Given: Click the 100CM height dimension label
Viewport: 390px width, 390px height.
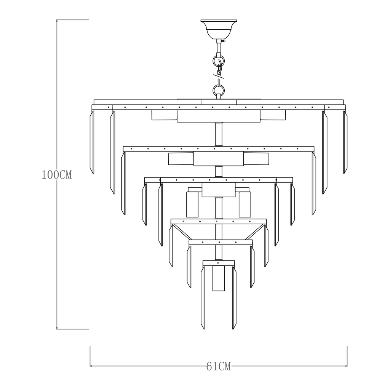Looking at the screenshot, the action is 57,175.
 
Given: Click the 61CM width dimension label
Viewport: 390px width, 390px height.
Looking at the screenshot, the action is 219,366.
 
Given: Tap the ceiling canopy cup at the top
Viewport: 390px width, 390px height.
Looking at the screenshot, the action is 219,29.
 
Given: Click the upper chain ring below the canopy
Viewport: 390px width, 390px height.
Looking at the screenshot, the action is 219,61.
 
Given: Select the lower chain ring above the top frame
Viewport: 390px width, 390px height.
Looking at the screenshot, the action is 219,90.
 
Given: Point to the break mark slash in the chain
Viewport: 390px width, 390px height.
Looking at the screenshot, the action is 219,76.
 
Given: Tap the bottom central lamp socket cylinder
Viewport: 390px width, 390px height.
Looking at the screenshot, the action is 219,278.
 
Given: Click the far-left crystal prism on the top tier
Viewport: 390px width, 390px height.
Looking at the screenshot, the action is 92,142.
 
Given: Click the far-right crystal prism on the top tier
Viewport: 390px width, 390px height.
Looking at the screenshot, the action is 345,142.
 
